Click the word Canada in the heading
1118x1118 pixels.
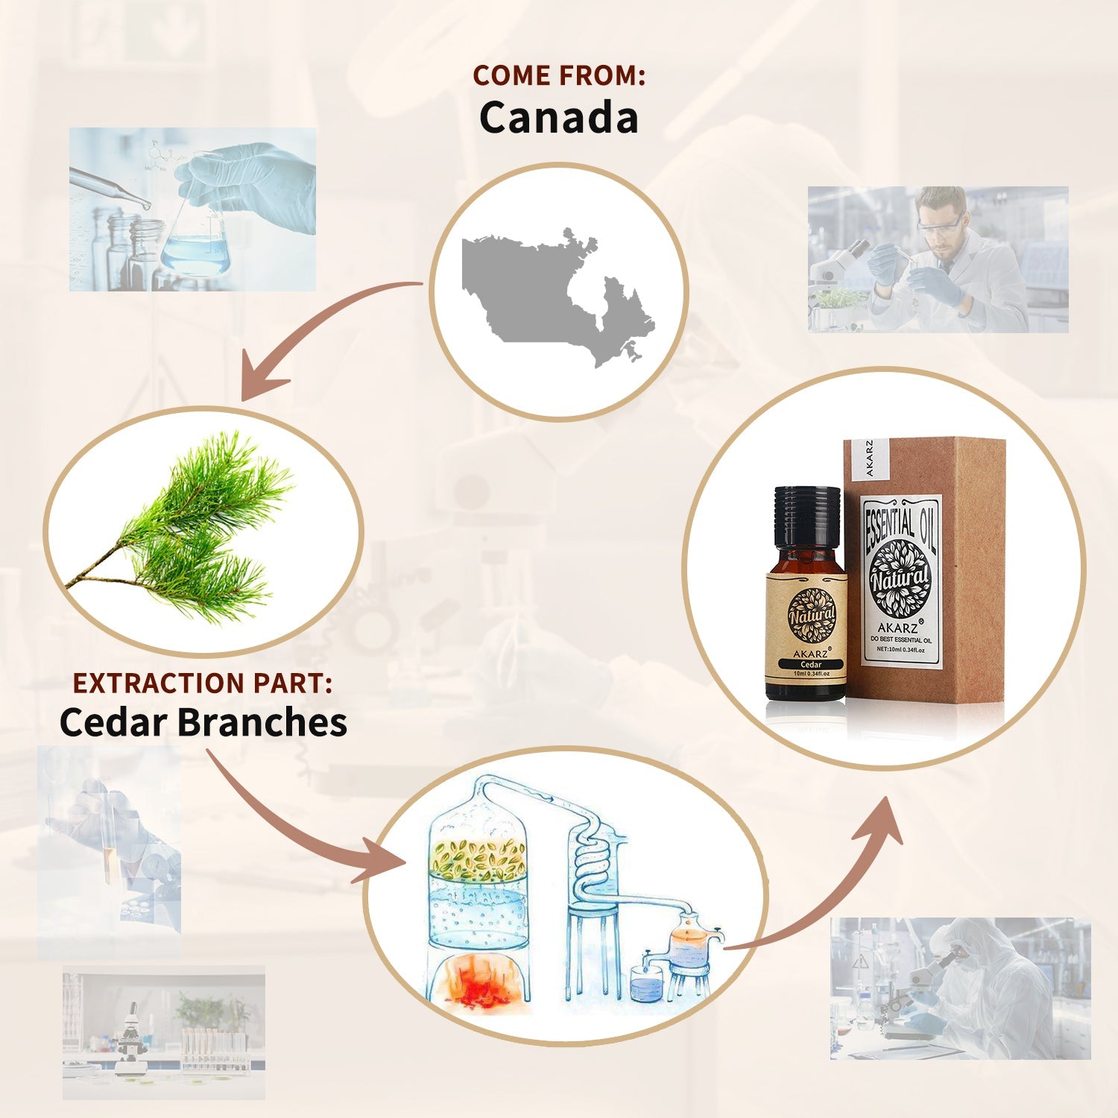[x=558, y=118]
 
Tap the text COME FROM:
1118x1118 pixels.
[x=558, y=75]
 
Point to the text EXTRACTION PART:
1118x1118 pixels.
[x=202, y=683]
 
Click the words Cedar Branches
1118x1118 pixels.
[x=203, y=722]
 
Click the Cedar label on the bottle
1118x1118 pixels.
[x=811, y=664]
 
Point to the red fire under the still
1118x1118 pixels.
[x=478, y=982]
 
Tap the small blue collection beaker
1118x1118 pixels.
[x=645, y=984]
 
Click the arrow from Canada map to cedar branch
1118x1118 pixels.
[x=313, y=328]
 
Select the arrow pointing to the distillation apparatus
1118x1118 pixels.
[x=298, y=827]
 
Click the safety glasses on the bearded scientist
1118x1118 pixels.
[x=940, y=226]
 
